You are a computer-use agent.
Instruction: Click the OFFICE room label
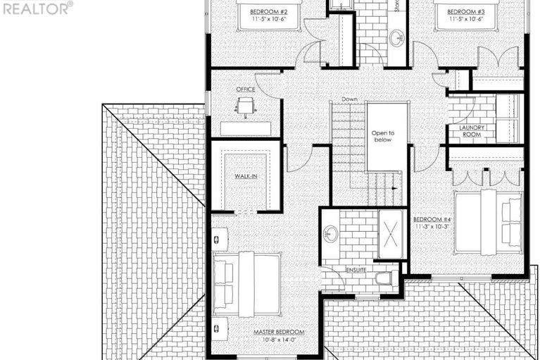[245, 89]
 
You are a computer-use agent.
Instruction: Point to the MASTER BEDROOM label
[279, 332]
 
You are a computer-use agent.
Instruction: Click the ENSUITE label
[356, 270]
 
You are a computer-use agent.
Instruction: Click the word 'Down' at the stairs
[349, 99]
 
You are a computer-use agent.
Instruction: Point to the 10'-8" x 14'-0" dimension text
[279, 340]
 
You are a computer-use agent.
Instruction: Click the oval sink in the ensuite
[330, 233]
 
